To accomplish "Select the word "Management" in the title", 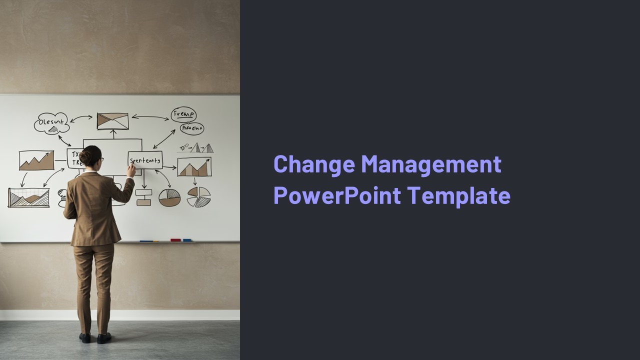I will (x=431, y=164).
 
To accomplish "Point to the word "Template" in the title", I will (x=458, y=195).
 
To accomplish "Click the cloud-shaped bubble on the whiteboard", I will (x=51, y=122).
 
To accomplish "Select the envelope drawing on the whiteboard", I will (x=112, y=121).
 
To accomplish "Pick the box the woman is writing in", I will (x=145, y=160).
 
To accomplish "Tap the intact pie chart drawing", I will (x=169, y=197).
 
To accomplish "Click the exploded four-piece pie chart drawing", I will (x=198, y=196).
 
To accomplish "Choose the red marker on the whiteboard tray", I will (x=175, y=240).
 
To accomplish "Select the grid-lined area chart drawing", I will (x=29, y=197).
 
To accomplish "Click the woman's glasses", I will (x=101, y=159).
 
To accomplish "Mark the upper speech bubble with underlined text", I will (x=183, y=114).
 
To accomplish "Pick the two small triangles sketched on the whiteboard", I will (x=203, y=147).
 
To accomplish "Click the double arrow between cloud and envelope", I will (x=81, y=119).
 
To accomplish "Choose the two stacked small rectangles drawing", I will (x=143, y=197).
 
